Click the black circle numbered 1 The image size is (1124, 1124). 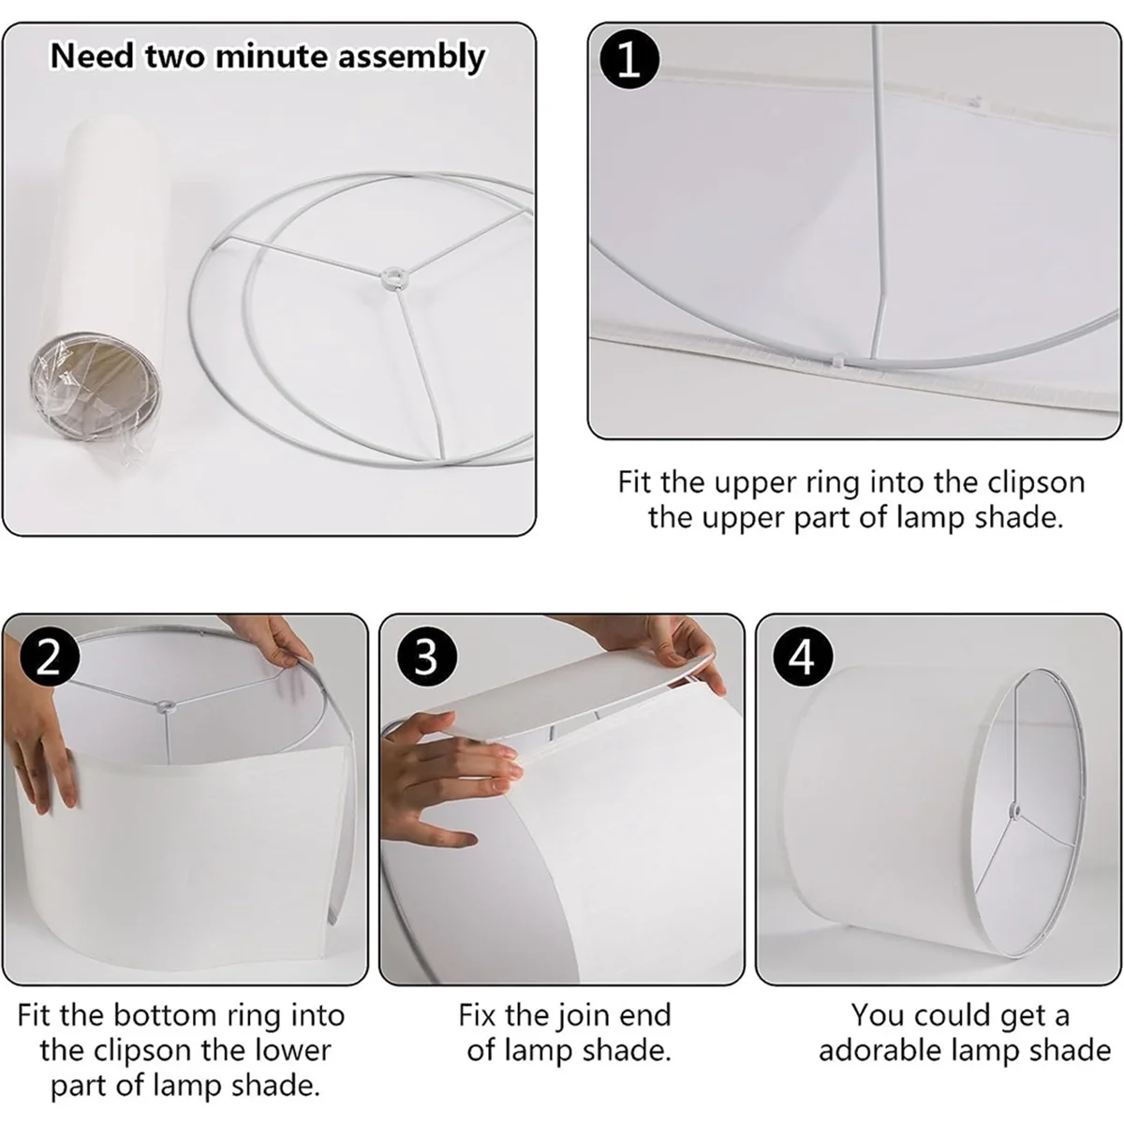[x=629, y=60]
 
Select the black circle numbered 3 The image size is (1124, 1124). [x=426, y=658]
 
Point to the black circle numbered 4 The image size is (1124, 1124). [x=803, y=658]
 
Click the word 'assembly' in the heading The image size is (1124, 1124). [x=411, y=58]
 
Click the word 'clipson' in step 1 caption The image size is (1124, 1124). [x=1036, y=483]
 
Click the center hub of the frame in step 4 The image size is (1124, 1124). [x=1013, y=809]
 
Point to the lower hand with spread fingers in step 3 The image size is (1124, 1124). [x=450, y=781]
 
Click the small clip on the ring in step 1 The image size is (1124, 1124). [x=838, y=361]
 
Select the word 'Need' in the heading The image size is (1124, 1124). [x=92, y=56]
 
